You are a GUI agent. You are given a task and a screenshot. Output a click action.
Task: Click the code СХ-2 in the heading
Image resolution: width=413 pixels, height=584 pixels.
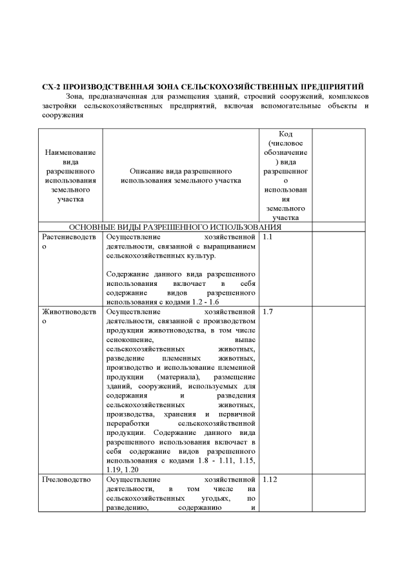(52, 86)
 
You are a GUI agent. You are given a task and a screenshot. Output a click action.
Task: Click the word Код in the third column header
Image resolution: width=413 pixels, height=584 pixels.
(286, 134)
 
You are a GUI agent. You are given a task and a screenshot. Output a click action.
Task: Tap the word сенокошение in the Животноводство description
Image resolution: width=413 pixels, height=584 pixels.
(130, 339)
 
